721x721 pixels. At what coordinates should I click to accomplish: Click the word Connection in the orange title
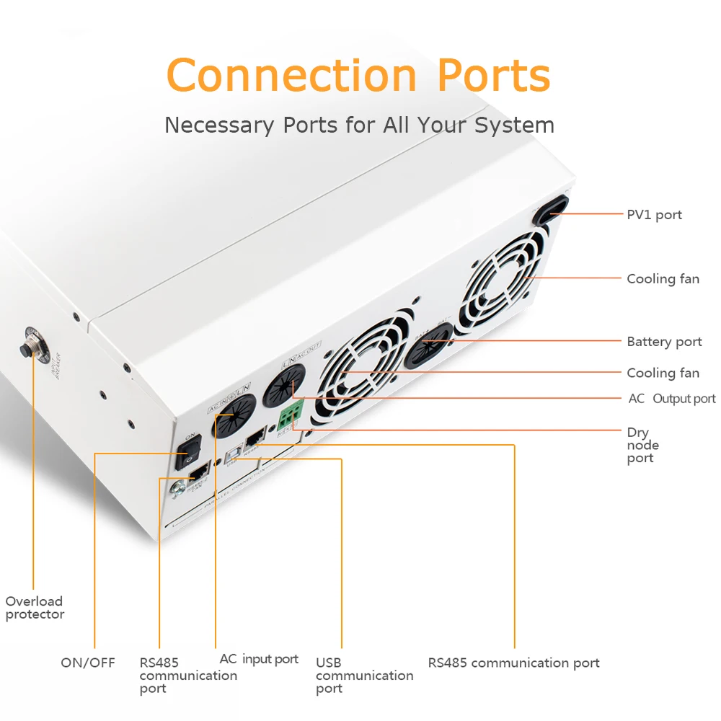pyautogui.click(x=291, y=75)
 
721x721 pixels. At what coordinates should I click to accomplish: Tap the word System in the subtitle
pyautogui.click(x=514, y=125)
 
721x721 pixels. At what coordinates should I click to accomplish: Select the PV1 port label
pyautogui.click(x=654, y=215)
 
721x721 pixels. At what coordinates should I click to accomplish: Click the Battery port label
pyautogui.click(x=664, y=342)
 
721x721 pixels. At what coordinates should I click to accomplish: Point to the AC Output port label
pyautogui.click(x=671, y=399)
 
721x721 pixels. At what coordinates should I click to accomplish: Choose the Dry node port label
pyautogui.click(x=642, y=446)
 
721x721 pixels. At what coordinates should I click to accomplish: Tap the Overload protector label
pyautogui.click(x=35, y=608)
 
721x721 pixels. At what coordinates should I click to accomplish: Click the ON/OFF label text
pyautogui.click(x=87, y=663)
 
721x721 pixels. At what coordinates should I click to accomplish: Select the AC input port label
pyautogui.click(x=259, y=659)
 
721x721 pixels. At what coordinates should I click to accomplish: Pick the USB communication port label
pyautogui.click(x=364, y=676)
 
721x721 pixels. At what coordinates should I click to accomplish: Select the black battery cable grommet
pyautogui.click(x=428, y=345)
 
